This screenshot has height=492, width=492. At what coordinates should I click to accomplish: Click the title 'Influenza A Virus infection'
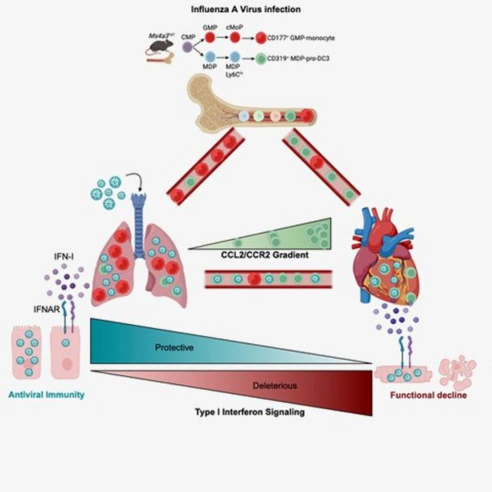click(246, 9)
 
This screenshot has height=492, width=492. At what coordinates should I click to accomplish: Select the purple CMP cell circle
click(187, 47)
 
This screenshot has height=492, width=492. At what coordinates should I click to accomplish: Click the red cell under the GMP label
click(210, 38)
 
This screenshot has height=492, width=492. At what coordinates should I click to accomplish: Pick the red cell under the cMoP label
click(235, 38)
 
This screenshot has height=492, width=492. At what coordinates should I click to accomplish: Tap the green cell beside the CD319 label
click(261, 59)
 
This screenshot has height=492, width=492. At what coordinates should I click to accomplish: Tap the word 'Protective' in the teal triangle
click(174, 347)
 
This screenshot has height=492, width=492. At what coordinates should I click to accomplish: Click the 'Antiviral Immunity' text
click(46, 394)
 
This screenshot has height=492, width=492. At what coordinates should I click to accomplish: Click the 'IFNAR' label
click(43, 307)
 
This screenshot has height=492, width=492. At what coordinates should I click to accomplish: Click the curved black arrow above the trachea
click(138, 182)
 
